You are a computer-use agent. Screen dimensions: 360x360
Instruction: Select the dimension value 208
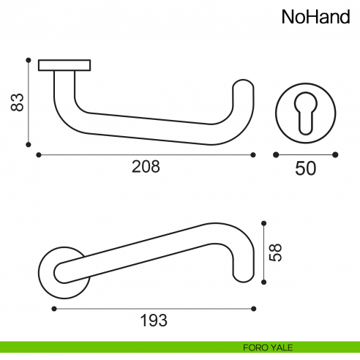point(145,167)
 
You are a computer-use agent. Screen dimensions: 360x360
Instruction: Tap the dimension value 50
point(305,168)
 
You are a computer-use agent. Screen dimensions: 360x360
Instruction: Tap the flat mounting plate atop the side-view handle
point(65,65)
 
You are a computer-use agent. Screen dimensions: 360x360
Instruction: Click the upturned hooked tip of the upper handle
point(244,91)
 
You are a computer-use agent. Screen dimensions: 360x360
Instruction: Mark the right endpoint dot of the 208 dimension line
point(253,154)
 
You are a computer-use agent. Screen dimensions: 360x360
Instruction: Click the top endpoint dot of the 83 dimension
point(28,60)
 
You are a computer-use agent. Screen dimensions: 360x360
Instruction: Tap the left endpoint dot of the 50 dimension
point(275,154)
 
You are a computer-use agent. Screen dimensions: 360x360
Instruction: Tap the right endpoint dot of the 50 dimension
point(335,154)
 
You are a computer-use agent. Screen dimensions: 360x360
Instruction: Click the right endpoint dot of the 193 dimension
point(253,307)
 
